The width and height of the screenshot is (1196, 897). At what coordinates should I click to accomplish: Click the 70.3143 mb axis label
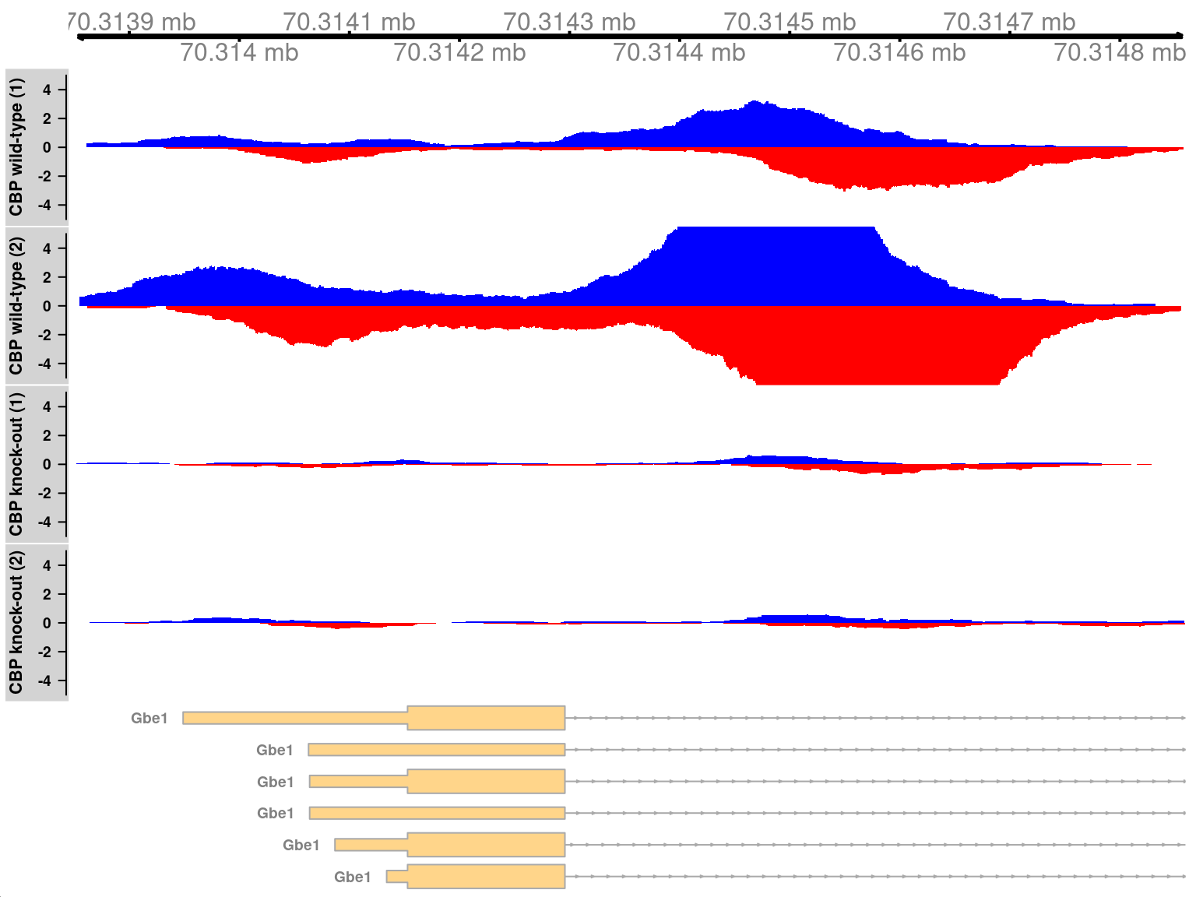[569, 22]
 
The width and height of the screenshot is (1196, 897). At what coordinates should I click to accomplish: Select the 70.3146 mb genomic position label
[899, 52]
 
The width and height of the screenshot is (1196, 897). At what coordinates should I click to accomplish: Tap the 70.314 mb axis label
[239, 52]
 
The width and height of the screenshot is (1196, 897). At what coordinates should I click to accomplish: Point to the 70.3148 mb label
[1119, 52]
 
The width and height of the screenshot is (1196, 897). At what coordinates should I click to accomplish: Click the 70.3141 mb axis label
[349, 22]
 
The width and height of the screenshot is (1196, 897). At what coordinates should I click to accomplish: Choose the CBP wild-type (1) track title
[16, 147]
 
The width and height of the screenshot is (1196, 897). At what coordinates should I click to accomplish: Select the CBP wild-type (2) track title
[16, 306]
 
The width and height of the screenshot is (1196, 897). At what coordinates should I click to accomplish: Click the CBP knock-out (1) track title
[16, 464]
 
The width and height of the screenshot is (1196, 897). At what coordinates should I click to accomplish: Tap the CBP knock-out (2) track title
[16, 622]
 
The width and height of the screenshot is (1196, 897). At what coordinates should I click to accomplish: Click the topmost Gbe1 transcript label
[149, 718]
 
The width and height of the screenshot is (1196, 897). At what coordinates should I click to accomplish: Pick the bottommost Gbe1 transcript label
[353, 877]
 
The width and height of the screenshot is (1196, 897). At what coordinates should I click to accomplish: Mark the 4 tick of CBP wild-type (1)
[47, 90]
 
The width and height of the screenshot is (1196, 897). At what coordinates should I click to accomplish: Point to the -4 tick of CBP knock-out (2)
[47, 681]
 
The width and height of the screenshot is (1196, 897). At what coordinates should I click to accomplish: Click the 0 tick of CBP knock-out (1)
[47, 464]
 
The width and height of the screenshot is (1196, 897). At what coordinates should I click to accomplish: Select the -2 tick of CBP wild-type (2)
[47, 335]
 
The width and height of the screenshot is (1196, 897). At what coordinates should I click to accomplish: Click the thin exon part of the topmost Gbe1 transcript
[295, 718]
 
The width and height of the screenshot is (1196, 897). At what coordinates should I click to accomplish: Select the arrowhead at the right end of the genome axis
[1180, 36]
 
